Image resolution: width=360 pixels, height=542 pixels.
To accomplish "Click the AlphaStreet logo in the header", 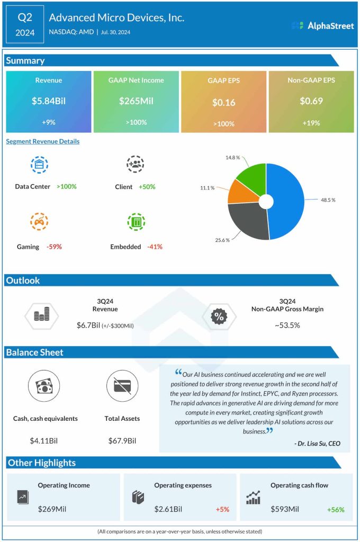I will click(322, 25).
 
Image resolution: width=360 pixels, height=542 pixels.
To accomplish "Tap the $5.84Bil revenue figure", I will click(49, 101).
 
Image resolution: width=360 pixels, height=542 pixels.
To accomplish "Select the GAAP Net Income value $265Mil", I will click(136, 101).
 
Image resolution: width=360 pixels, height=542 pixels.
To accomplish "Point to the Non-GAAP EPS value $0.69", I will click(311, 101).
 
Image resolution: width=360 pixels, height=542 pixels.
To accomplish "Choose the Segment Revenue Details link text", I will click(43, 141).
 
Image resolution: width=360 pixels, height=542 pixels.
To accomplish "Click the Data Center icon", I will click(39, 165).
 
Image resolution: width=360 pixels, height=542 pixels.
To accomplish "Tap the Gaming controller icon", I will click(39, 222).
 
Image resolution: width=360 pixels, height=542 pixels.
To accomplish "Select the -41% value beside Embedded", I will click(155, 247).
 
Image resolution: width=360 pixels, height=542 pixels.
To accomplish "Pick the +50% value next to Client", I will click(147, 187).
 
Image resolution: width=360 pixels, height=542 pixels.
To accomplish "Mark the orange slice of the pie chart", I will click(238, 192).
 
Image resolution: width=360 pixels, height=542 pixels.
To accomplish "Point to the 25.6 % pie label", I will click(222, 240).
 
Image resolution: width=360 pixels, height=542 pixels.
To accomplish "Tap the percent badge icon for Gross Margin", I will click(218, 317).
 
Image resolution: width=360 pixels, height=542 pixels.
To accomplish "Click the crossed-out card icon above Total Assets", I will click(122, 386).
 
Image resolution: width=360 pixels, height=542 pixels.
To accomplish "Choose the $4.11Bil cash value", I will click(45, 440).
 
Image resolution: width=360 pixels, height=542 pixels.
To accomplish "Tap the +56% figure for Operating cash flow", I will click(335, 509).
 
